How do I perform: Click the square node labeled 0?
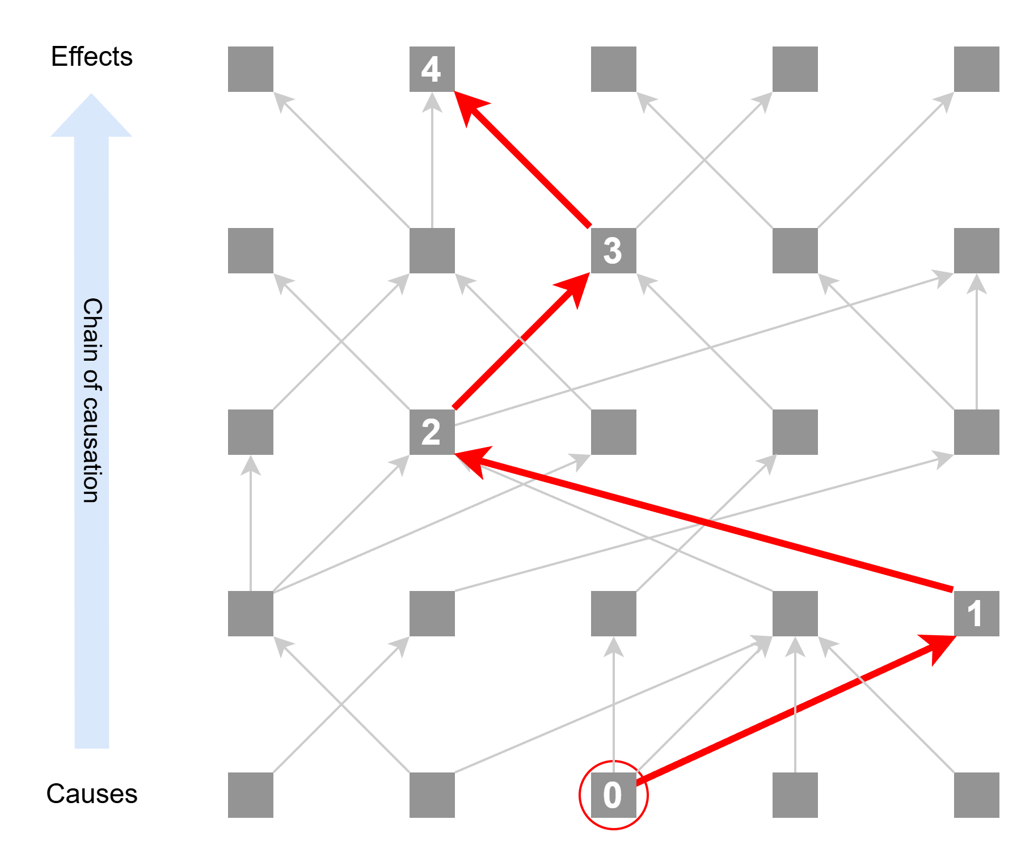coord(613,795)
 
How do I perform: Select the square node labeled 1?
coord(976,613)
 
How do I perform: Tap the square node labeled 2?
coord(432,432)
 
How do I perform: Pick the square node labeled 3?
coord(613,250)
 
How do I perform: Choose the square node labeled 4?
coord(432,69)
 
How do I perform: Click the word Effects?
coord(91,57)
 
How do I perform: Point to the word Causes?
coord(91,793)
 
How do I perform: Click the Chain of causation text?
coord(92,400)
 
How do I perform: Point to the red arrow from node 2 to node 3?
coord(522,340)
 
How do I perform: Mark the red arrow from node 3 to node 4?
coord(522,159)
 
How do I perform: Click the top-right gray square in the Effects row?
coord(976,69)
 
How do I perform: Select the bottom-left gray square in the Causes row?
coord(250,795)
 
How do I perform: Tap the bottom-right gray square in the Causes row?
coord(976,795)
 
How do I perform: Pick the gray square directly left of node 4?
coord(250,69)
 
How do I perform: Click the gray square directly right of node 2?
coord(613,432)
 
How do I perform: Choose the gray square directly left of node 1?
coord(795,613)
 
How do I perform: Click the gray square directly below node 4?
coord(432,250)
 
